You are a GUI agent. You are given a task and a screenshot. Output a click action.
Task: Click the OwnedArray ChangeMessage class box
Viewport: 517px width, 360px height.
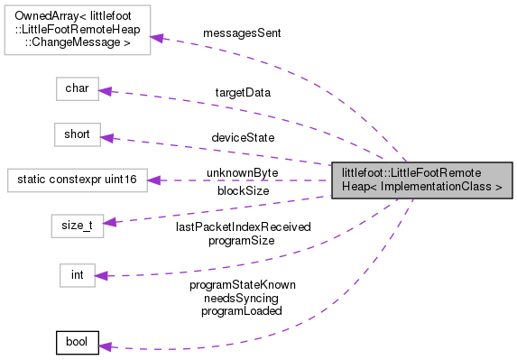77,29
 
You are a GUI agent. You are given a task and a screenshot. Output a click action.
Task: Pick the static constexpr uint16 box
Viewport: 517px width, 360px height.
76,180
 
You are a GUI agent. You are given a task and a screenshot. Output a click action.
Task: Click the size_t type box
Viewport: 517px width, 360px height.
76,225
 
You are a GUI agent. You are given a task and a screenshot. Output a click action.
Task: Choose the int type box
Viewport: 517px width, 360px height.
77,274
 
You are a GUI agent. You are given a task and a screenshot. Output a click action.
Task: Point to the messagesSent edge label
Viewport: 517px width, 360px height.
242,32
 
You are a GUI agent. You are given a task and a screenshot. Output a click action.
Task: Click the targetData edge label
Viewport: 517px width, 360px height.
243,92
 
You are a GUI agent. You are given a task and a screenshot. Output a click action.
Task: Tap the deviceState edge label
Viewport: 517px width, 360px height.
243,137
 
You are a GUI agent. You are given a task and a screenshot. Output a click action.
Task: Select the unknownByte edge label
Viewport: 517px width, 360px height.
242,171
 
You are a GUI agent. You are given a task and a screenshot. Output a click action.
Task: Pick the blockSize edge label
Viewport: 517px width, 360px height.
243,190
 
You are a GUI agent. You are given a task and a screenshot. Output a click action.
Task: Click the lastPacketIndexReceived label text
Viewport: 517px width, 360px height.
243,227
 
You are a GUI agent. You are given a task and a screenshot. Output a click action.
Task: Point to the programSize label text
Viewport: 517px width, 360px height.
243,241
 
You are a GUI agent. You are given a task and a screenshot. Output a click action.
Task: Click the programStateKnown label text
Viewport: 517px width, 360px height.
243,284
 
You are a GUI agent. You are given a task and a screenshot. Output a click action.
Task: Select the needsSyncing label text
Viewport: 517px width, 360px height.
243,297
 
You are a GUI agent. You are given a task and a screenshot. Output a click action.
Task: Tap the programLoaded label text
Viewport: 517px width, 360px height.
243,309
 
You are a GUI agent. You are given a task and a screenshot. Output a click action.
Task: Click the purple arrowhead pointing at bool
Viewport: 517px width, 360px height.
105,345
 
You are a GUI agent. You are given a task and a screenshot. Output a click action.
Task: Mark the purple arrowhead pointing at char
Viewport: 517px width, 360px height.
105,90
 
